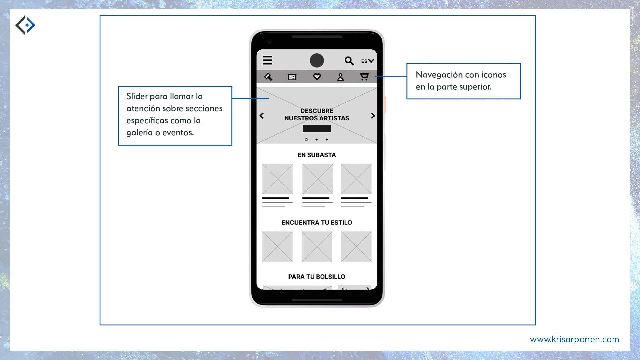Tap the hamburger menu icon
click(x=267, y=60)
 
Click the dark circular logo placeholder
click(x=317, y=60)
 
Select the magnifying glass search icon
click(x=349, y=61)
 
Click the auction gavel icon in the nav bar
click(x=268, y=77)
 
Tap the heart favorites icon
click(x=317, y=77)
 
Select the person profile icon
click(x=340, y=77)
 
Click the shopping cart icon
click(x=364, y=77)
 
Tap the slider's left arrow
click(x=262, y=116)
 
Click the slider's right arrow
click(x=373, y=116)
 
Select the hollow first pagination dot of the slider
click(x=306, y=139)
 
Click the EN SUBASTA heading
click(x=317, y=155)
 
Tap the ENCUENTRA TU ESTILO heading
click(x=317, y=223)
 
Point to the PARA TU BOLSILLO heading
click(x=317, y=277)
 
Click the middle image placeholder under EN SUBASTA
click(x=317, y=179)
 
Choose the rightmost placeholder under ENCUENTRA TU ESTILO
click(x=356, y=246)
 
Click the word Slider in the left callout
click(x=137, y=96)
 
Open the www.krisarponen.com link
click(x=574, y=340)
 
